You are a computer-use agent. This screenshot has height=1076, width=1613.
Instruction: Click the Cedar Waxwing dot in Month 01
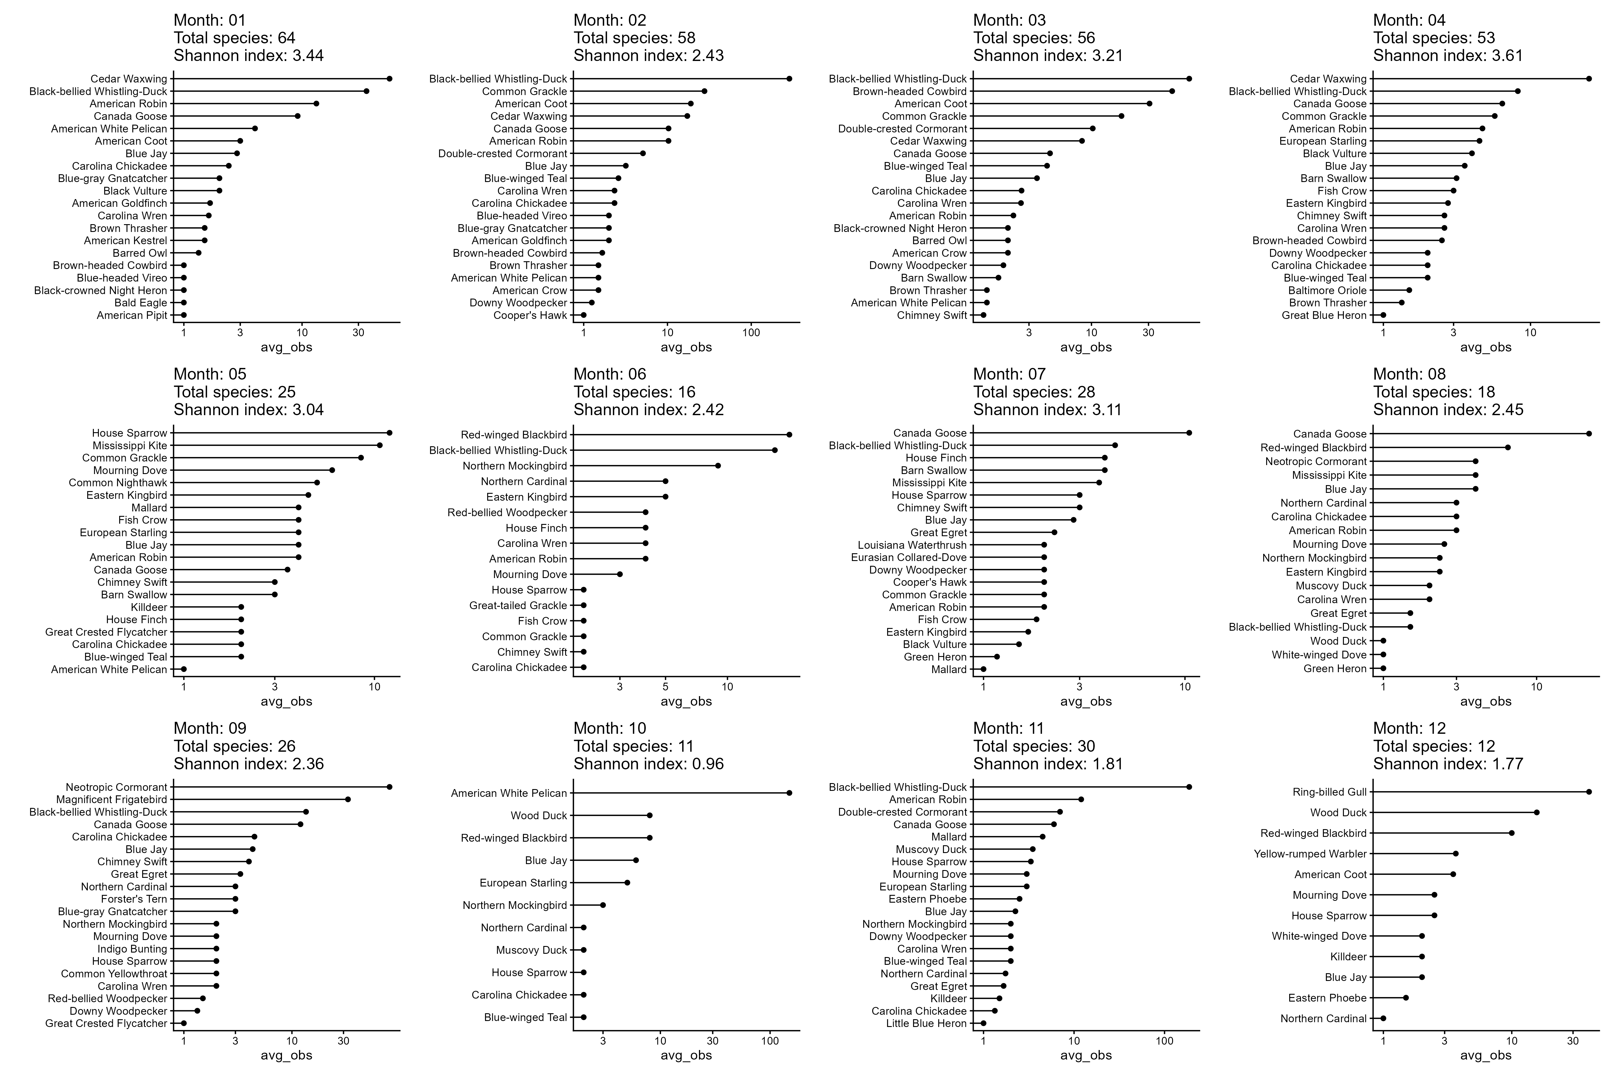[x=390, y=79]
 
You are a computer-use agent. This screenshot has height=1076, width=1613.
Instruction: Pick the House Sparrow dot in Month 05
[x=390, y=433]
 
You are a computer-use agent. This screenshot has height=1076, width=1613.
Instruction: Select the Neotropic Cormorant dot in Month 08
[x=1475, y=461]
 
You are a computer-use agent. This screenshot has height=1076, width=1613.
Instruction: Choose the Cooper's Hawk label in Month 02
[x=530, y=315]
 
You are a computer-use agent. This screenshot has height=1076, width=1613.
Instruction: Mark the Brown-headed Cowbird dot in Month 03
[x=1171, y=91]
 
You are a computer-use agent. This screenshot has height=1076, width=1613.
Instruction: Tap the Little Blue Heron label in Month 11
[x=927, y=1023]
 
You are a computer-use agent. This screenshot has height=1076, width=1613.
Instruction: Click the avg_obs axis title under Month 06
[x=686, y=701]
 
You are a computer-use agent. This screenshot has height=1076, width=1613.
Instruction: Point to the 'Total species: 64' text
[x=234, y=38]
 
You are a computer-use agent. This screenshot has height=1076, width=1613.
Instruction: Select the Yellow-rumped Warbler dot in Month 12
[x=1455, y=854]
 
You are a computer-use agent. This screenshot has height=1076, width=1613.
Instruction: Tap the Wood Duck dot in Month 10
[x=649, y=815]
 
